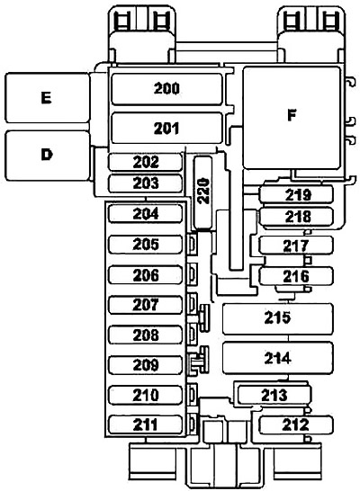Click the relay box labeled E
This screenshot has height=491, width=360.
click(48, 98)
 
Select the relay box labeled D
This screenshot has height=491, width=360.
click(48, 156)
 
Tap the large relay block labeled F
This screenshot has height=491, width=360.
click(292, 118)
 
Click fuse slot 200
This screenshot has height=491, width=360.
click(166, 89)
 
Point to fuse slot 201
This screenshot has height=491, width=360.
click(166, 128)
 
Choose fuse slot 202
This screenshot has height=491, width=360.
click(146, 162)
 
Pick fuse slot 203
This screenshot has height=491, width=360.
click(146, 183)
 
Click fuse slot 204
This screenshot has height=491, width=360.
click(146, 213)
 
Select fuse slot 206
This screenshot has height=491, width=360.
click(146, 275)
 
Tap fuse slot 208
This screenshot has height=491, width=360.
click(146, 335)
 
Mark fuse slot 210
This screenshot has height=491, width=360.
click(146, 395)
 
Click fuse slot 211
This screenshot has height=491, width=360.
click(146, 425)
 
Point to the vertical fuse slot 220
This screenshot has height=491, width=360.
click(202, 192)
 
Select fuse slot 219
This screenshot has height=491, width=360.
click(296, 194)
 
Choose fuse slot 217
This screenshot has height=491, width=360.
click(296, 245)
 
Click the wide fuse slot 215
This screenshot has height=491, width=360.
click(277, 318)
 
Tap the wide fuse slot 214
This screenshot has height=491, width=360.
click(277, 358)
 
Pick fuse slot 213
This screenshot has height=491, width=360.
click(274, 395)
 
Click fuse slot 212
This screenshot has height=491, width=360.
click(296, 425)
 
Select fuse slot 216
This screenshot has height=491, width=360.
click(296, 276)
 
